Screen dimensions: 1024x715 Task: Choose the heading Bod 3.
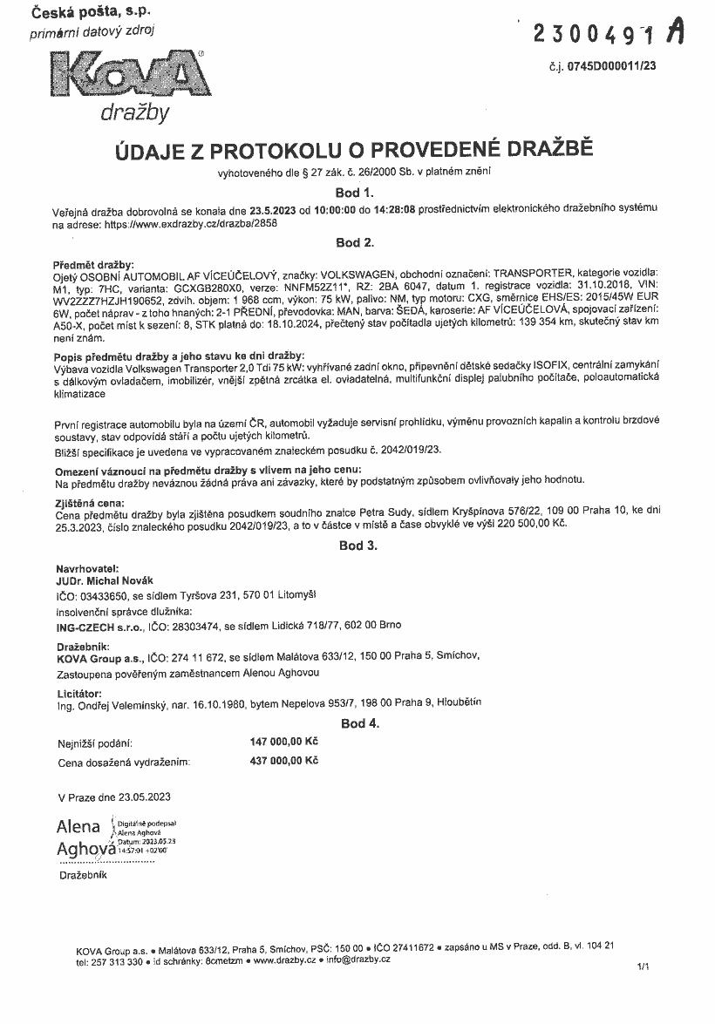(357, 546)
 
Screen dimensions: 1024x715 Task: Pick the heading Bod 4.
(360, 723)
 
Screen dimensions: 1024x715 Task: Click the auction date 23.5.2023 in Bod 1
(273, 209)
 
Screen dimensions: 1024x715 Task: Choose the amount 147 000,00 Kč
(284, 742)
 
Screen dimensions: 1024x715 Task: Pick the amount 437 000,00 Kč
(284, 761)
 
